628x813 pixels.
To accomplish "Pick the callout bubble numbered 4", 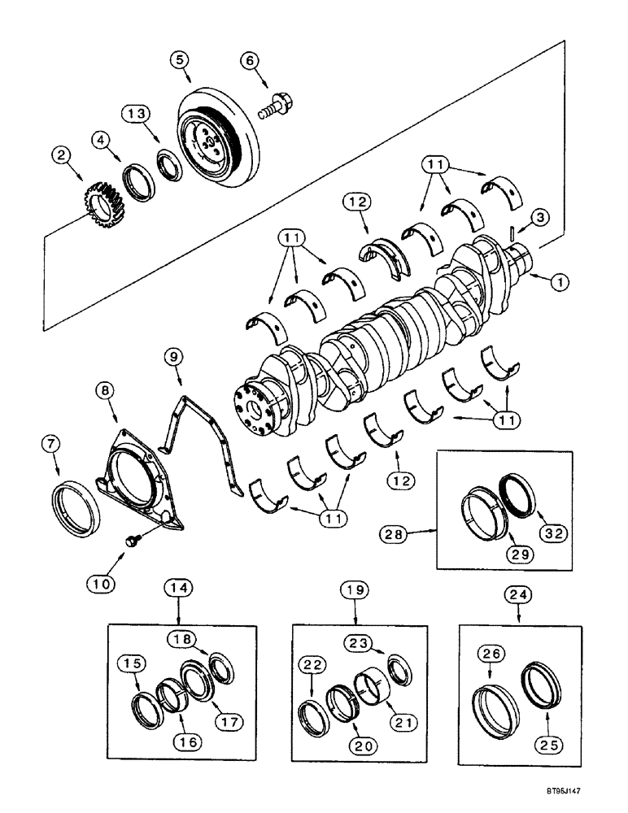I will click(102, 140).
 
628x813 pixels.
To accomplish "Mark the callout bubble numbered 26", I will click(490, 653).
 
